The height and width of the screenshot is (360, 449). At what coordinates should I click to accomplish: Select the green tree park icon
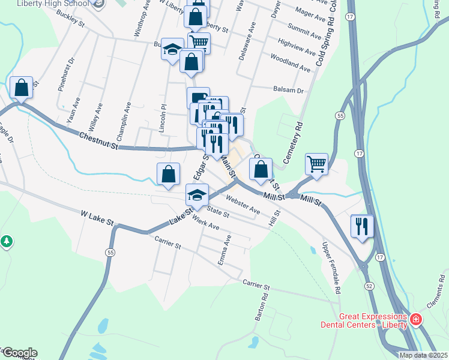coord(7,242)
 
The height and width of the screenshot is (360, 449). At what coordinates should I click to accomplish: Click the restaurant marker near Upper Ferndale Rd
coord(362,226)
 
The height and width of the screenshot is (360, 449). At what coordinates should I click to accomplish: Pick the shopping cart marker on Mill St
coord(316,163)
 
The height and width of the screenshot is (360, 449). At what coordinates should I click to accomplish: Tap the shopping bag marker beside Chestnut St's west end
coord(22,88)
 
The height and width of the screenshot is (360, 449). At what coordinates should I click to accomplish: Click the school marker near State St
coord(196,196)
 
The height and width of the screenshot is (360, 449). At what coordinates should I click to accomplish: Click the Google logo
coord(19,352)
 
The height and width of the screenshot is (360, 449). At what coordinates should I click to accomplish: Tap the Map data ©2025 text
coord(423,355)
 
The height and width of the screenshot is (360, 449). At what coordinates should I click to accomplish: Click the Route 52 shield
coord(367,286)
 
